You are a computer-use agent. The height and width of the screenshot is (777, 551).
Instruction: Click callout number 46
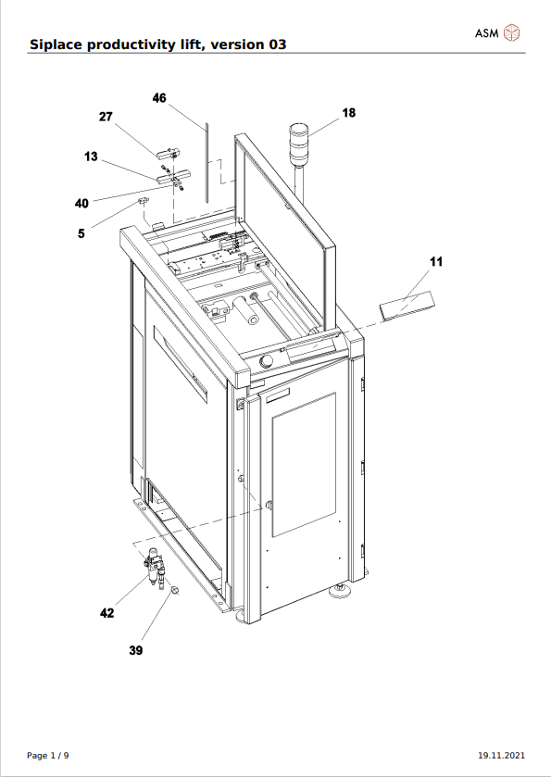[x=159, y=98]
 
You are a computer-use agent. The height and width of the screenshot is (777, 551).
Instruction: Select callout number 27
[x=106, y=117]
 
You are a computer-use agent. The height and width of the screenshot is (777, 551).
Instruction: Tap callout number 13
[x=91, y=157]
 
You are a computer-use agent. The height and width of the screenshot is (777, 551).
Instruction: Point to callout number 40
[x=81, y=203]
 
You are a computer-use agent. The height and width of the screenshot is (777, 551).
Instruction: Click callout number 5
[x=81, y=232]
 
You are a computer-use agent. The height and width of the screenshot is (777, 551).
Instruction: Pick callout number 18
[x=349, y=113]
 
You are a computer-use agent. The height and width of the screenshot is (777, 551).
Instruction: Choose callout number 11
[x=436, y=262]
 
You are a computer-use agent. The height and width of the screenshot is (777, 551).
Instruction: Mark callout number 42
[x=107, y=613]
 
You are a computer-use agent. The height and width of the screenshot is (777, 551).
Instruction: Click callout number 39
[x=136, y=650]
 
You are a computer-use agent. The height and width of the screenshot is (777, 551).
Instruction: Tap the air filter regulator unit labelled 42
[x=155, y=568]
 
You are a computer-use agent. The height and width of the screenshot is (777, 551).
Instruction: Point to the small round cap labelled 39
[x=174, y=589]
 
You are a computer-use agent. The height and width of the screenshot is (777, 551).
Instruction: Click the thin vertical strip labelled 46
[x=206, y=163]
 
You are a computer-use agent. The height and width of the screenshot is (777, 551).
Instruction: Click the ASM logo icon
[x=512, y=33]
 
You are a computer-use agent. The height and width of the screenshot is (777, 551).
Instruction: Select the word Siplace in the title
[x=56, y=44]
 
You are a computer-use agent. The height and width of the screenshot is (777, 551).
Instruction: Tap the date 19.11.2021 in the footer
[x=501, y=756]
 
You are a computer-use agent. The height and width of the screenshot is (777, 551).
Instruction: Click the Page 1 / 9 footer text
[x=48, y=756]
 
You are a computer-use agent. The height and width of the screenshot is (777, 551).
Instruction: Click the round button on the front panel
[x=266, y=361]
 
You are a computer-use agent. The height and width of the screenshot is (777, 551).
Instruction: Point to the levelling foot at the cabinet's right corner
[x=341, y=590]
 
